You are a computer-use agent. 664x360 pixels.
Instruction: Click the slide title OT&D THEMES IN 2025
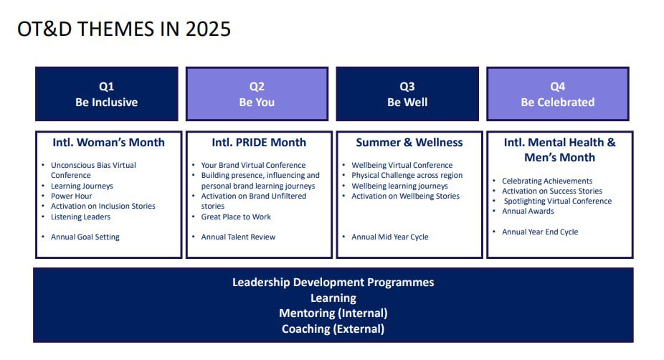[123, 29]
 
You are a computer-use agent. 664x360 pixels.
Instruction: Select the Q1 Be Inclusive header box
[107, 94]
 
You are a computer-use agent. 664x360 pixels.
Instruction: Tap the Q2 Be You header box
[257, 94]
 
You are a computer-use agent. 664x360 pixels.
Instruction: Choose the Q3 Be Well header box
[407, 94]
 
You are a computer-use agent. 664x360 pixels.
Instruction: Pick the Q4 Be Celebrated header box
[558, 94]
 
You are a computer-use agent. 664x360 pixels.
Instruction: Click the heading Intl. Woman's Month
[108, 142]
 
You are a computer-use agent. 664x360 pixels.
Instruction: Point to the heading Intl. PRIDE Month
[259, 142]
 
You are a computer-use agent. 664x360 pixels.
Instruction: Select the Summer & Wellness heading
[409, 142]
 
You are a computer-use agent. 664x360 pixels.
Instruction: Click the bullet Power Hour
[71, 196]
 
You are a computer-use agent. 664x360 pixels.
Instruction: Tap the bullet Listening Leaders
[80, 217]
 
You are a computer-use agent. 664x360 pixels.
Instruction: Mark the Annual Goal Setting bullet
[85, 237]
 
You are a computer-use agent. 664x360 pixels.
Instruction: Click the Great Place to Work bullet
[236, 217]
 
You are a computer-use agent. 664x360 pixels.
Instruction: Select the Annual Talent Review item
[238, 237]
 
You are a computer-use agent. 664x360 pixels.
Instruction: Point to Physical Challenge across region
[407, 176]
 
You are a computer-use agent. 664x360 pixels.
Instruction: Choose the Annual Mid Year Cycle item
[389, 237]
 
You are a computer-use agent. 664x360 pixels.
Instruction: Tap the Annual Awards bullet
[528, 211]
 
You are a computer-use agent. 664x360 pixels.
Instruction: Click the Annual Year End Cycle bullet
[540, 232]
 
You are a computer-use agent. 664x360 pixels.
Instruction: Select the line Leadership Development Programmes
[333, 283]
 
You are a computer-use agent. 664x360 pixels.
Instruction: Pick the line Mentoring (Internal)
[333, 313]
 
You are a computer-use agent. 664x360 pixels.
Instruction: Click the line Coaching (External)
[333, 329]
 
